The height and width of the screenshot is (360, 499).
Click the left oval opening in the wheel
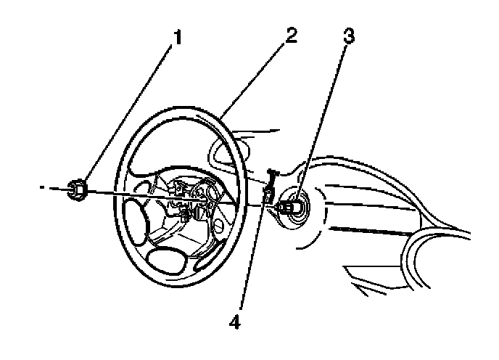tap(136, 221)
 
